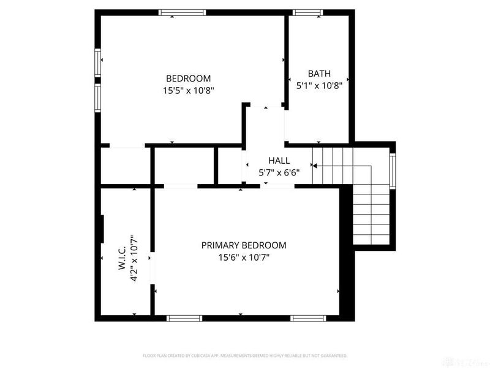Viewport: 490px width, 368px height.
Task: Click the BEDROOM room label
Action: (x=188, y=79)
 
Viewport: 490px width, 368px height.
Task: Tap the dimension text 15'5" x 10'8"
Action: (x=188, y=90)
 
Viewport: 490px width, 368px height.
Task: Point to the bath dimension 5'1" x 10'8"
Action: (x=319, y=85)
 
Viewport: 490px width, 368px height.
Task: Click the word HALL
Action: (x=279, y=160)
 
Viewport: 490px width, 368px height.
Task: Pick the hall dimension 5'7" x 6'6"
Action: (x=279, y=172)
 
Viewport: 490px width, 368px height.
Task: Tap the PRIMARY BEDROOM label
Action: (x=244, y=245)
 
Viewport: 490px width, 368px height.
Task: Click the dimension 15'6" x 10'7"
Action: (x=244, y=257)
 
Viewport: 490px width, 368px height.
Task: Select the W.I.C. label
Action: (x=121, y=258)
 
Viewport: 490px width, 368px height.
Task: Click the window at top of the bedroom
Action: (x=182, y=12)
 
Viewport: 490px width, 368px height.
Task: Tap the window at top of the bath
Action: (x=307, y=12)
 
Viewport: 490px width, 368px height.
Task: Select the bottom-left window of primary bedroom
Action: (x=184, y=318)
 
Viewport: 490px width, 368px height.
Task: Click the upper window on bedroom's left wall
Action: (x=97, y=63)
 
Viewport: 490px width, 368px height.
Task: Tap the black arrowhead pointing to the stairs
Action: (x=314, y=164)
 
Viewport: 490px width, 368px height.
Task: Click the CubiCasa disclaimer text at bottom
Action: (x=245, y=355)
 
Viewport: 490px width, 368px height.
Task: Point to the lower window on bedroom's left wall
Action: (x=97, y=97)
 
